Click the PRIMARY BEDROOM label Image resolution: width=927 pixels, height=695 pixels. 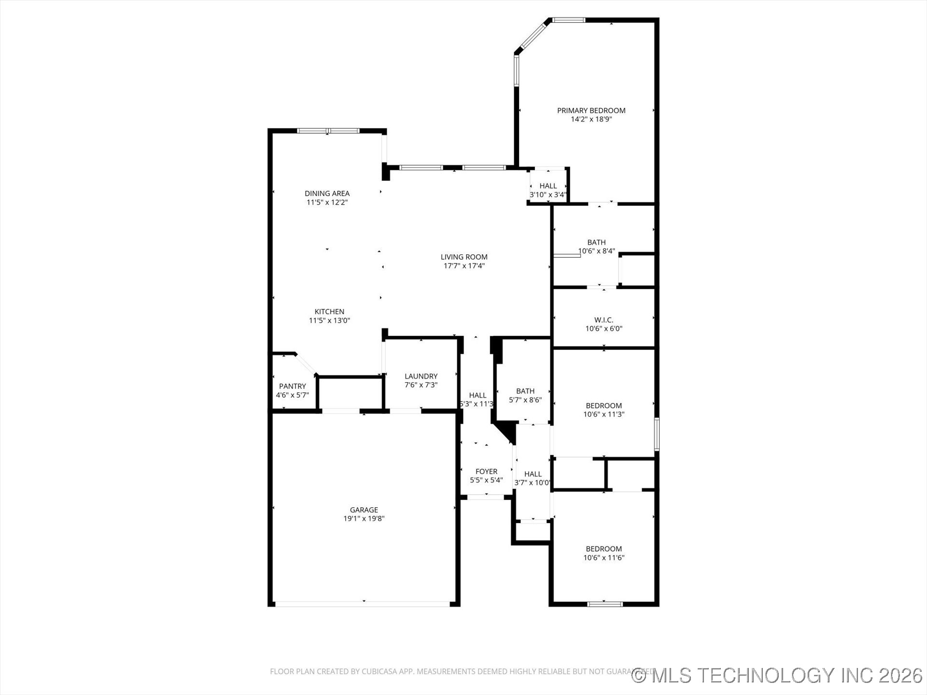591,111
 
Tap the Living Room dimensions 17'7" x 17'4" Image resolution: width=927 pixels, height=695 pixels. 464,266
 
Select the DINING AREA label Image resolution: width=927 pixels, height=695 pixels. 327,194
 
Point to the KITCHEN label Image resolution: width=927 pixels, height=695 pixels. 329,312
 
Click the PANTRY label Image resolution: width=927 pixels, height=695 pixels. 292,386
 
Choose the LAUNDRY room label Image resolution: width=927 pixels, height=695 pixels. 421,376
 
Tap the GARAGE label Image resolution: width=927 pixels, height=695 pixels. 364,510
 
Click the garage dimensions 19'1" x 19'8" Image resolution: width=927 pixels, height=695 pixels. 364,519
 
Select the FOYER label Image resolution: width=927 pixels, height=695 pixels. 486,472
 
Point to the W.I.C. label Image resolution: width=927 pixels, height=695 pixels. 604,320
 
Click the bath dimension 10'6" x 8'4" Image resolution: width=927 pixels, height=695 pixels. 597,251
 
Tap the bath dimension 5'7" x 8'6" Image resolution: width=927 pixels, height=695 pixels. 525,400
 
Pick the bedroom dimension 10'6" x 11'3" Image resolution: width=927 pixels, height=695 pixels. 604,414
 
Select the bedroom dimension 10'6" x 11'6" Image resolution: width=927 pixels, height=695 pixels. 604,558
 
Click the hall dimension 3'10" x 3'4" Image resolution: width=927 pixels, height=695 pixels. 548,195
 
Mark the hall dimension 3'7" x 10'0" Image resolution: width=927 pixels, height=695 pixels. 533,483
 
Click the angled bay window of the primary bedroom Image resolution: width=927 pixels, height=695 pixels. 533,35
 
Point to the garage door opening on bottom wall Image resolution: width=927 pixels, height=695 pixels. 362,603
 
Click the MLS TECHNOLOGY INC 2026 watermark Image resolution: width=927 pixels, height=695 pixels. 777,675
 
